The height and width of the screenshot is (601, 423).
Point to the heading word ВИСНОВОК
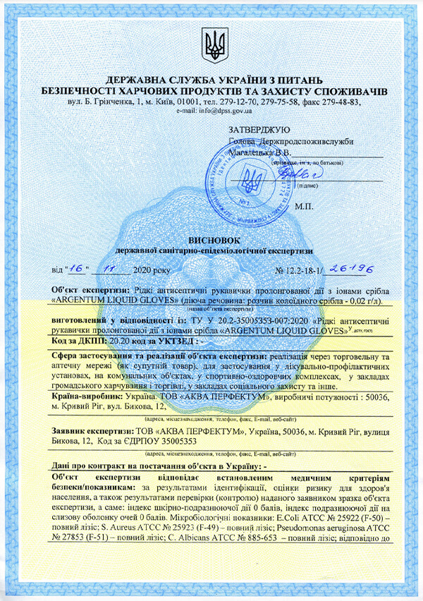pos(211,241)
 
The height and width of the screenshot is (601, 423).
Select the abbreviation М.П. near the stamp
pos(305,207)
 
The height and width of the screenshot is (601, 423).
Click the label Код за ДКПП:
pos(78,341)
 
